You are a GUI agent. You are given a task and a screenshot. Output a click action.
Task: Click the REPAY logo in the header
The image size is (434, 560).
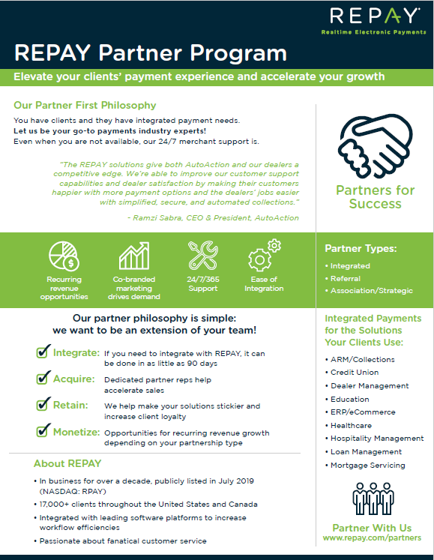tap(373, 17)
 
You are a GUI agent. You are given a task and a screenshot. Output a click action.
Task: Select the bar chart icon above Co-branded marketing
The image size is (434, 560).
tap(134, 256)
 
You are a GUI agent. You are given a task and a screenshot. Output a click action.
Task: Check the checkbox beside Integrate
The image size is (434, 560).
tap(43, 352)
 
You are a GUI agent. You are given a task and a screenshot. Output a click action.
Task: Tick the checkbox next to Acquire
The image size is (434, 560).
tap(43, 379)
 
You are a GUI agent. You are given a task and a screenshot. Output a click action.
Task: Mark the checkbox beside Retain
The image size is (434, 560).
tap(43, 405)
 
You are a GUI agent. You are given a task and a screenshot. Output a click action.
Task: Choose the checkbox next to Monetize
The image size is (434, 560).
tap(43, 432)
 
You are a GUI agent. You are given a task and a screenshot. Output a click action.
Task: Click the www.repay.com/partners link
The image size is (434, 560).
tap(372, 538)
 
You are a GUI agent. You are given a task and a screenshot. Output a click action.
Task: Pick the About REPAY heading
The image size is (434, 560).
tap(68, 463)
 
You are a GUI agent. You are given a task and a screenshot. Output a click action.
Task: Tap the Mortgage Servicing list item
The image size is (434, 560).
tap(367, 466)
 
